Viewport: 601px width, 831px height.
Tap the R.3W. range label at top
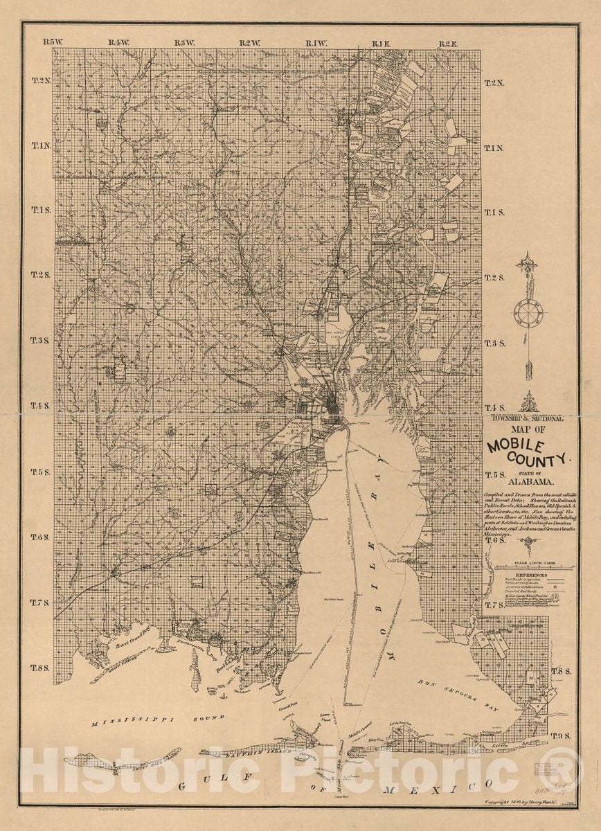click(184, 43)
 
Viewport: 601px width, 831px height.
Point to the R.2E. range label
click(448, 43)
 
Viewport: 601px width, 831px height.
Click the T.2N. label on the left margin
click(42, 81)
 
